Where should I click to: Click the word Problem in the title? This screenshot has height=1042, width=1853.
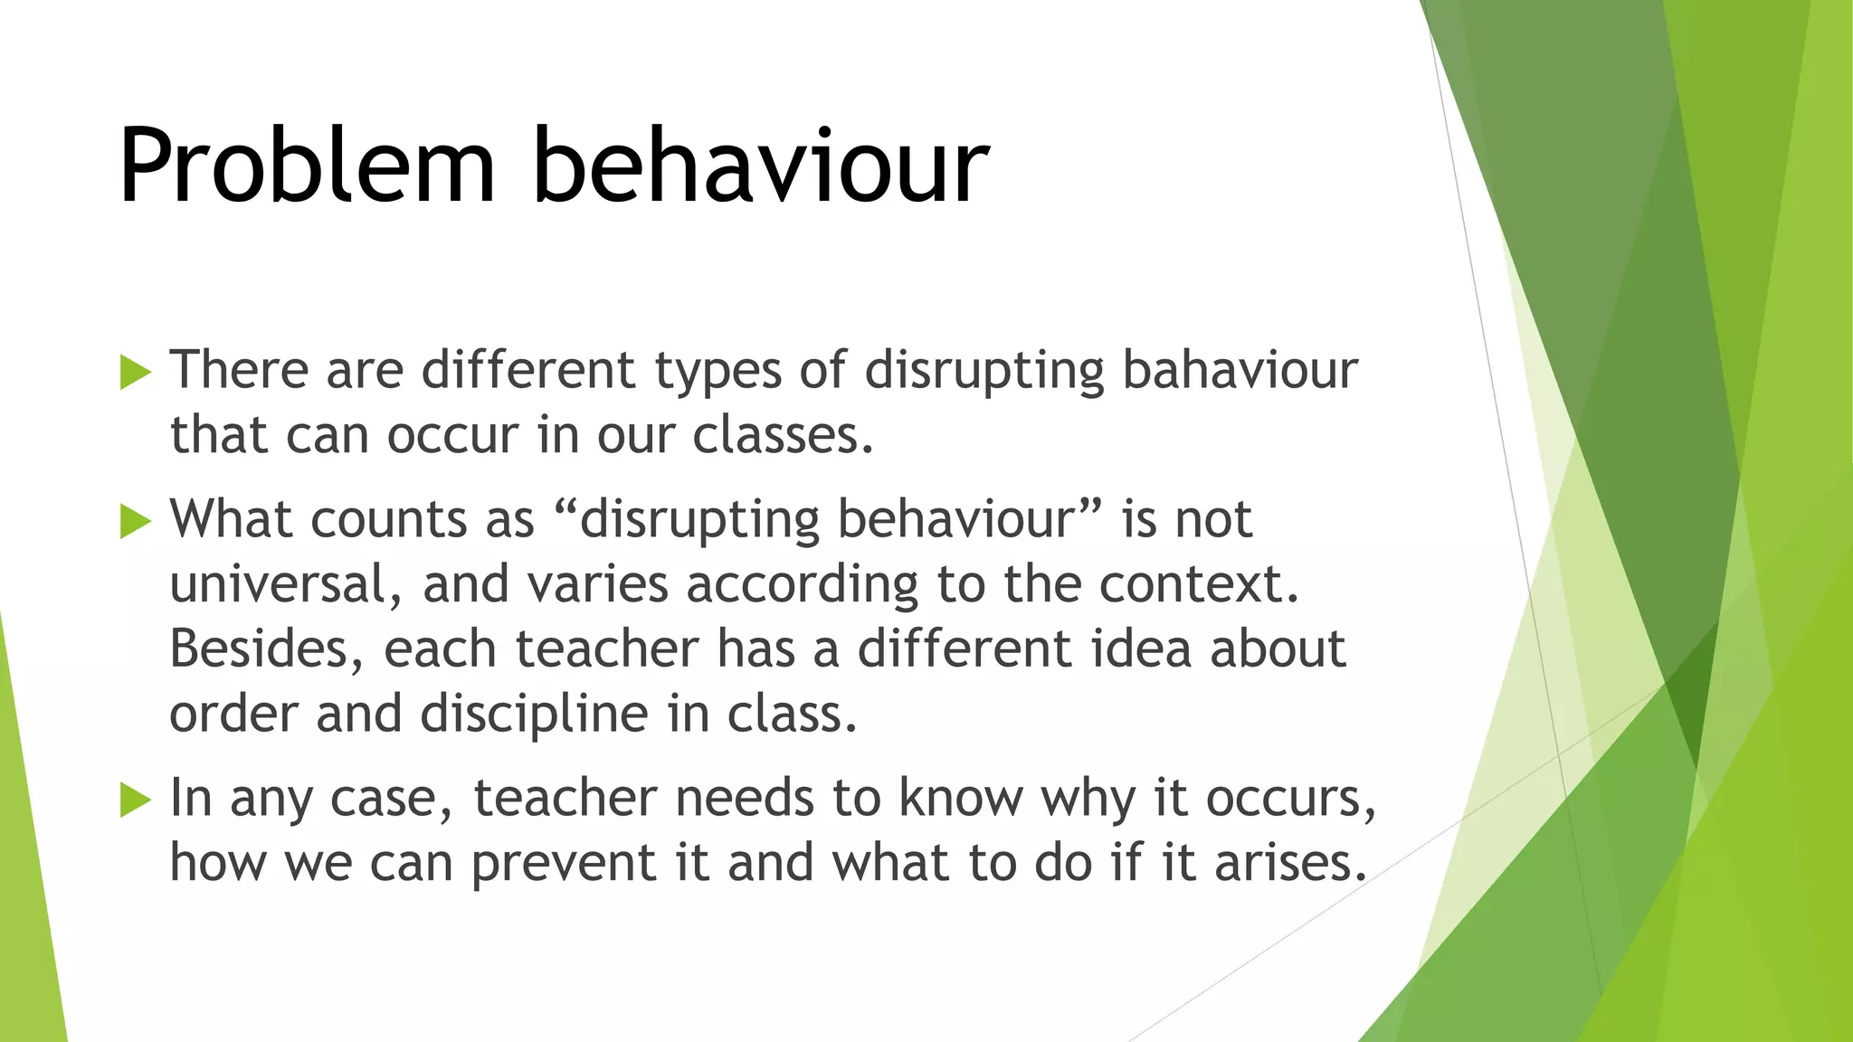pos(307,166)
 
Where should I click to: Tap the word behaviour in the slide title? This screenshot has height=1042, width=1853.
pos(761,166)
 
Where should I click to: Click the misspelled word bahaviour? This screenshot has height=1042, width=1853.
pos(1240,370)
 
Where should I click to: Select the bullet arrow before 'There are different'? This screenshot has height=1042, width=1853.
pos(135,372)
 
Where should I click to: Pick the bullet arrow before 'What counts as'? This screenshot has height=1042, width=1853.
pos(135,521)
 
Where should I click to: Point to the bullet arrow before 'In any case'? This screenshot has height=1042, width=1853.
pos(135,800)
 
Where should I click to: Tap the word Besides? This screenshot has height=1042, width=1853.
pos(267,649)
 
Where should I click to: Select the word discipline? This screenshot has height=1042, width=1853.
pos(535,715)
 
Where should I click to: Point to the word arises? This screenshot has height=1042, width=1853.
pos(1289,863)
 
